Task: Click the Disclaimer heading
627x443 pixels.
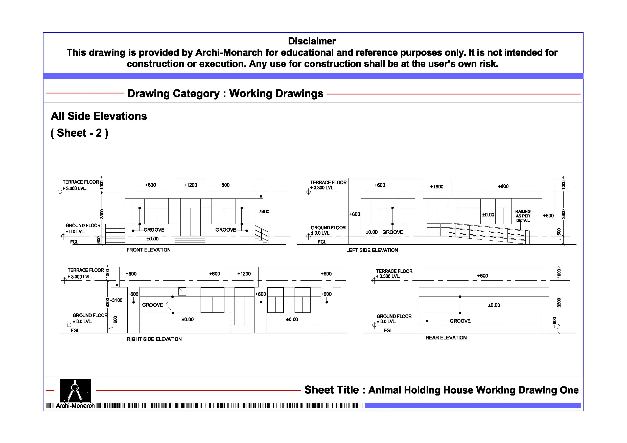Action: (312, 41)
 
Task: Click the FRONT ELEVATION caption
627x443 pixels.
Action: (148, 250)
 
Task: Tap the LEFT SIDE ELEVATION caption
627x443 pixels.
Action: (372, 250)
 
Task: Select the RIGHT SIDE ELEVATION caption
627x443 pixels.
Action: (154, 339)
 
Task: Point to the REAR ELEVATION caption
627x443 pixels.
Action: (446, 338)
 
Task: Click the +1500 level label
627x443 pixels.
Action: (436, 187)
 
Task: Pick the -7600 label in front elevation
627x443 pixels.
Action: (263, 212)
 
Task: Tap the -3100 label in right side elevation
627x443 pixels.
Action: (117, 300)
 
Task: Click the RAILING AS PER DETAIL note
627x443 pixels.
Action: (523, 216)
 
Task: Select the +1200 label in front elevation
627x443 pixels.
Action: (190, 185)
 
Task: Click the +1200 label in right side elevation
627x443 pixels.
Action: (244, 274)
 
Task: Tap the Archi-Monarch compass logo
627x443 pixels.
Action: (75, 391)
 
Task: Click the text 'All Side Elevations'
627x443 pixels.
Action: (99, 116)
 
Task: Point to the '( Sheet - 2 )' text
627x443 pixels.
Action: (79, 133)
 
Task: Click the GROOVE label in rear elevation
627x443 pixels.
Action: (460, 321)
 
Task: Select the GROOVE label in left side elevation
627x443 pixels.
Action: (392, 232)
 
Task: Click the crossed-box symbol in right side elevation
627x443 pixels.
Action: (180, 291)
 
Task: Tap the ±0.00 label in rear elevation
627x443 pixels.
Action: (494, 305)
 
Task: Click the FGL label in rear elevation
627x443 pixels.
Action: (387, 331)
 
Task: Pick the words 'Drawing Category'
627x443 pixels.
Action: (173, 94)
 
